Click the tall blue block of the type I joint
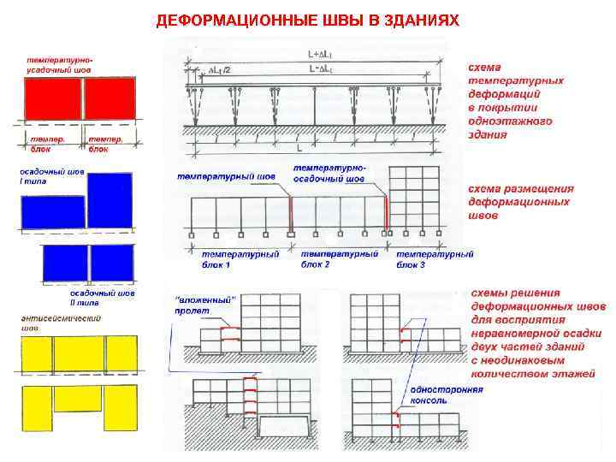click(110, 199)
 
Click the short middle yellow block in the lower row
click(78, 399)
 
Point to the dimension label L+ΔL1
click(322, 54)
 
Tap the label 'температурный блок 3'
click(435, 259)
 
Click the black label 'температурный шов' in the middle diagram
click(227, 177)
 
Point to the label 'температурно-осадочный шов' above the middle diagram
click(329, 174)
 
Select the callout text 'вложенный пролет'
click(205, 304)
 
